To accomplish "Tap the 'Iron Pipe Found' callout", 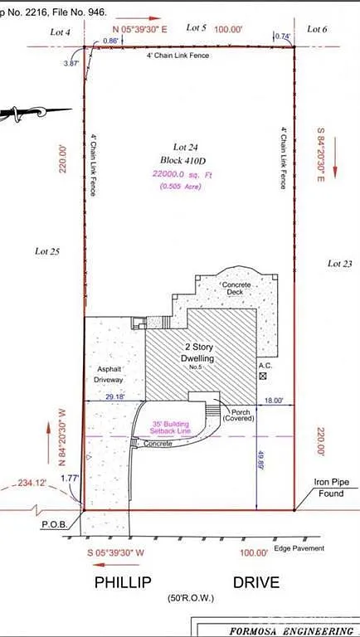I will (x=331, y=488).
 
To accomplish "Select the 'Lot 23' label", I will (x=339, y=263).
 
